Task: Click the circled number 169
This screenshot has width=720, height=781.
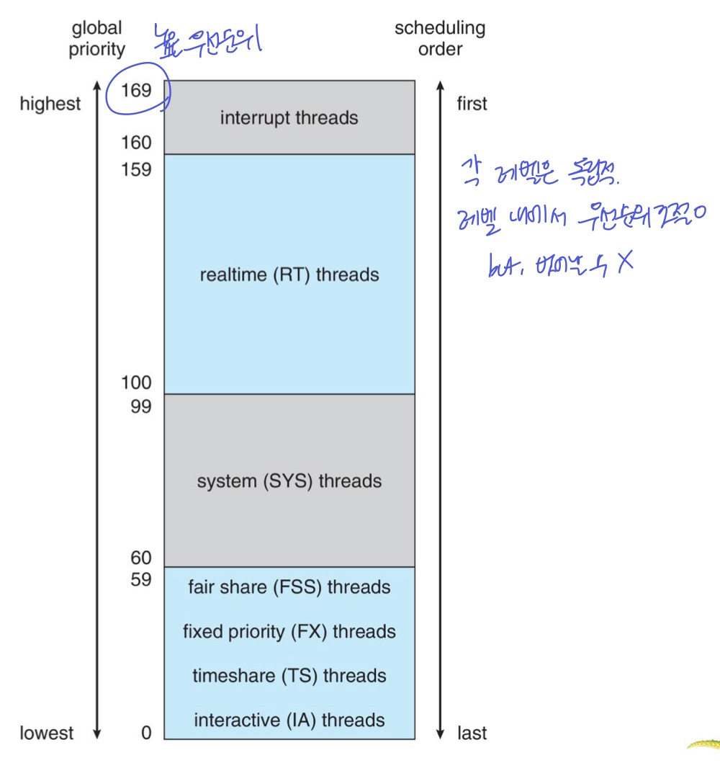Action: tap(136, 92)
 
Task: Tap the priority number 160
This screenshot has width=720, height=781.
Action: tap(136, 143)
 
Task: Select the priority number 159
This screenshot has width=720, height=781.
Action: tap(136, 170)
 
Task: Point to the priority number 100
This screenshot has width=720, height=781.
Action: tap(136, 383)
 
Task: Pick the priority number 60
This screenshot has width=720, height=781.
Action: tap(141, 558)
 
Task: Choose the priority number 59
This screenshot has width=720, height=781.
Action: tap(141, 579)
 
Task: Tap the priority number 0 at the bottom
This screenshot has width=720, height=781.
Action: tap(147, 733)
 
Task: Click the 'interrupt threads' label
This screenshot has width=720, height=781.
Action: tap(289, 117)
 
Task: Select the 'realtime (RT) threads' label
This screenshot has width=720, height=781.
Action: tap(289, 275)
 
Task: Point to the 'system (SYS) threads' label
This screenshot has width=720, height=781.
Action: tap(289, 481)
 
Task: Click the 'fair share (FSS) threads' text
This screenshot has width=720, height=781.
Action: tap(289, 587)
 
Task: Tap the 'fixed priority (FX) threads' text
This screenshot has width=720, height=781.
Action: tap(289, 632)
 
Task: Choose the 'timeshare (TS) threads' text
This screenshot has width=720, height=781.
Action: tap(289, 676)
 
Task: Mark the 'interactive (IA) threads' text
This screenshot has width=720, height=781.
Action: tap(289, 720)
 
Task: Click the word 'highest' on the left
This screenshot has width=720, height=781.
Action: tap(50, 104)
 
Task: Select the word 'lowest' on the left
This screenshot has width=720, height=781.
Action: tap(47, 733)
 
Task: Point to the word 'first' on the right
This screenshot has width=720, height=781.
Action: tap(472, 104)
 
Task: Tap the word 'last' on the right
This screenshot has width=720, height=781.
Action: tap(472, 733)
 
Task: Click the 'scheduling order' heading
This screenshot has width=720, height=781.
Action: tap(440, 39)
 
